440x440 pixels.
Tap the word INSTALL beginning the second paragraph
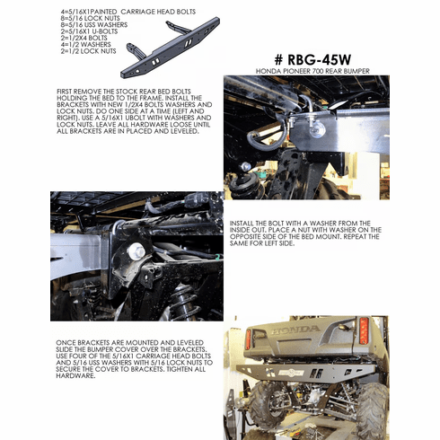(245, 220)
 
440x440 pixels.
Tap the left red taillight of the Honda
(248, 339)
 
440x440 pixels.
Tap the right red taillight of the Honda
(364, 330)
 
